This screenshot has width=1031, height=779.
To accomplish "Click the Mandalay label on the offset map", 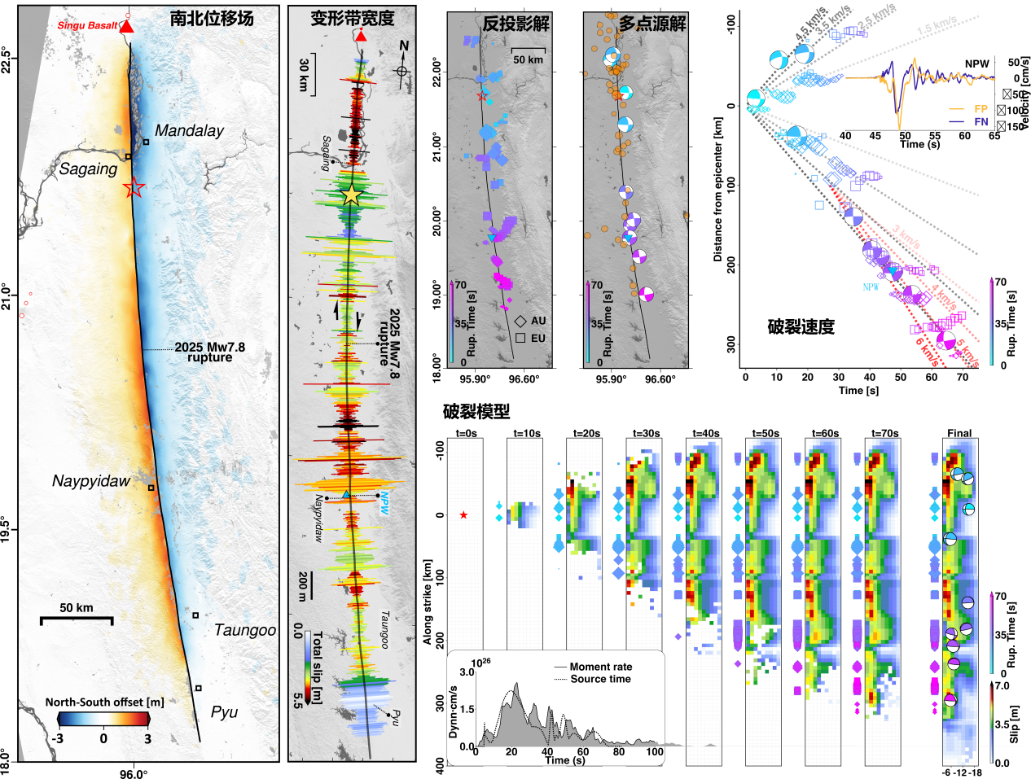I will tap(189, 131).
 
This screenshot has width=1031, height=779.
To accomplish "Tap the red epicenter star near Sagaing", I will tap(134, 189).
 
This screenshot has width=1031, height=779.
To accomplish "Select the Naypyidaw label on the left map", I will tap(91, 481).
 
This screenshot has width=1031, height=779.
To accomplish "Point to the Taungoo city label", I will tap(245, 630).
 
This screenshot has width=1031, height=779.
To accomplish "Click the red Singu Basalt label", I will tap(88, 26).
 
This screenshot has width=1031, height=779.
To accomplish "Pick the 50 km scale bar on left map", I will tap(77, 619).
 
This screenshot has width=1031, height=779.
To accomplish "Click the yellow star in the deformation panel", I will tap(351, 195).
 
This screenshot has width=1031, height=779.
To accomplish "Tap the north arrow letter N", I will tap(404, 46).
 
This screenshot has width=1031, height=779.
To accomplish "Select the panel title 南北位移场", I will tap(212, 18).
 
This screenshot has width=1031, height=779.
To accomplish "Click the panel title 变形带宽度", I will tap(353, 18).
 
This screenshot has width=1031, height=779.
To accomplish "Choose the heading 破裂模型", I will tap(476, 412).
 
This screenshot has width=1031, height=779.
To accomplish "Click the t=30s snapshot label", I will tap(646, 433).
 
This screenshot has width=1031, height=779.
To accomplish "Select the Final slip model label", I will tap(959, 433).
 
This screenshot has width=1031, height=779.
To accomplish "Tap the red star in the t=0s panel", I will tap(463, 515).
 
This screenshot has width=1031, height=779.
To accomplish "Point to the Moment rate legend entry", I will tap(600, 667).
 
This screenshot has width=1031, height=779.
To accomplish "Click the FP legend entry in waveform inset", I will tap(981, 109).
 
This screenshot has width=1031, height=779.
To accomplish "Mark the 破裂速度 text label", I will tap(801, 327).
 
